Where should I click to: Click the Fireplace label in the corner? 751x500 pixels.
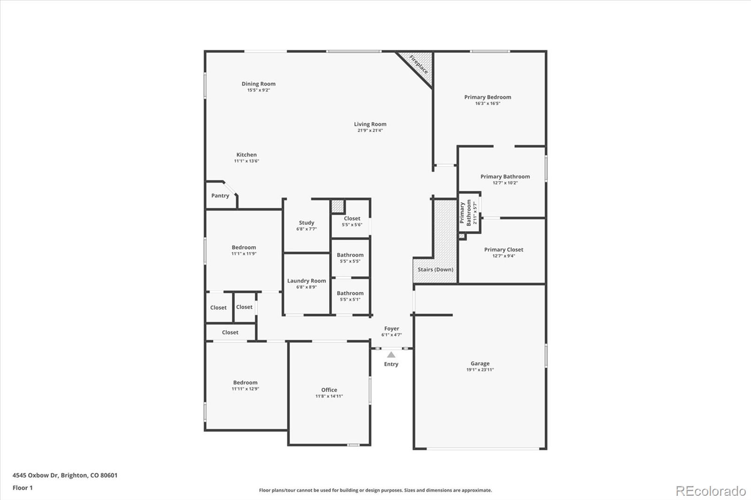click(418, 65)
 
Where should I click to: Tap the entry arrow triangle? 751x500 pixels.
click(391, 355)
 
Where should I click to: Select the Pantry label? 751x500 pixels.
click(220, 196)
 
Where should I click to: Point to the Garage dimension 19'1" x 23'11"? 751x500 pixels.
click(480, 370)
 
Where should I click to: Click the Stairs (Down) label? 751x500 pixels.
click(435, 269)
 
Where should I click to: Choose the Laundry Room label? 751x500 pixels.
click(307, 281)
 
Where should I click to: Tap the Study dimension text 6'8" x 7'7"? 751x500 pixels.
click(307, 229)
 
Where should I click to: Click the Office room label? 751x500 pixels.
click(329, 390)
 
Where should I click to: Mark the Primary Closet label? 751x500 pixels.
click(504, 250)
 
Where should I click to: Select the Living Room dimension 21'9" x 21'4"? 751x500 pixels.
click(370, 130)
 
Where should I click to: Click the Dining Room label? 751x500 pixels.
click(259, 84)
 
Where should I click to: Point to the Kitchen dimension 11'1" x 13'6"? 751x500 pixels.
click(246, 161)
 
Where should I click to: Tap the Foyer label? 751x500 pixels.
click(391, 329)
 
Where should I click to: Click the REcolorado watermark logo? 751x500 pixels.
click(711, 491)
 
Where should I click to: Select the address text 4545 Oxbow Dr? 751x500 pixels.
click(35, 475)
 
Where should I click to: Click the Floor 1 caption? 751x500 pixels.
click(23, 488)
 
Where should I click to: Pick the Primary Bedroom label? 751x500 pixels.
click(488, 97)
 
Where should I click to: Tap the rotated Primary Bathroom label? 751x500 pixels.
click(465, 213)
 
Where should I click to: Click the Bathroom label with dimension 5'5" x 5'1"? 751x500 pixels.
click(350, 293)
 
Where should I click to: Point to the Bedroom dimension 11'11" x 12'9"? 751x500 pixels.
click(245, 389)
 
